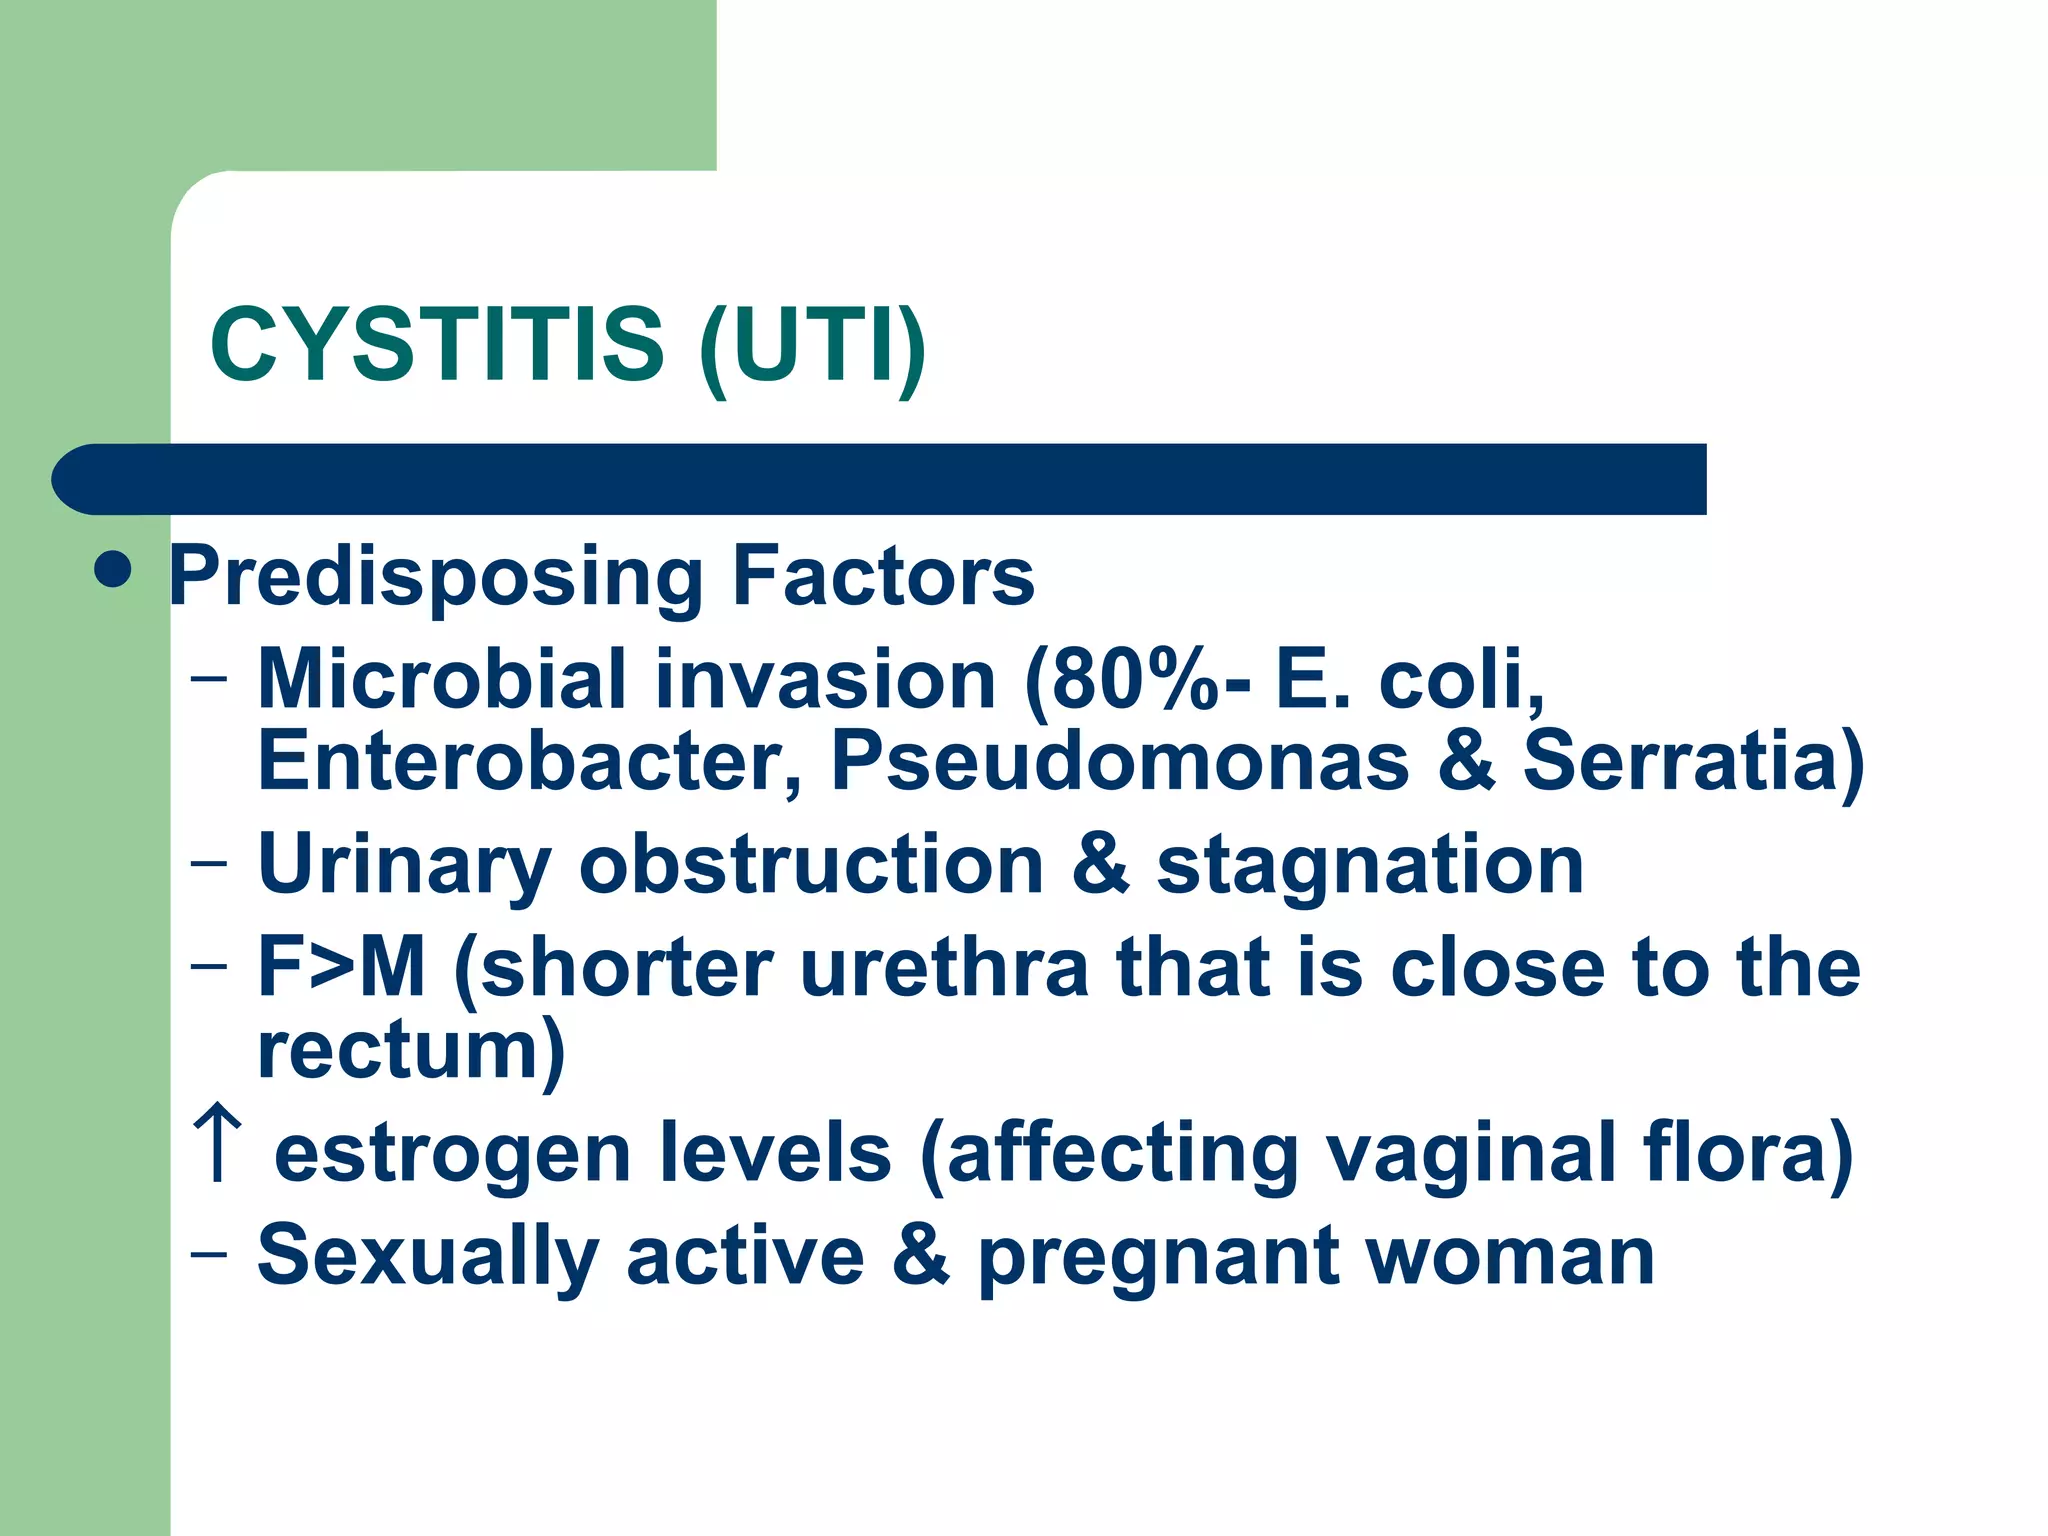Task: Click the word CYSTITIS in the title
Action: (437, 345)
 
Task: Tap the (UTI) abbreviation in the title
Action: (812, 347)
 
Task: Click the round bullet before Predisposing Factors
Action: (113, 570)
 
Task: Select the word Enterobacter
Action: (530, 762)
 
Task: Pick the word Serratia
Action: (1680, 762)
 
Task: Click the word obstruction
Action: (811, 864)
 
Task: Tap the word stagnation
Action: (1370, 866)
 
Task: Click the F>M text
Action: (341, 967)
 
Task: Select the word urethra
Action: (944, 967)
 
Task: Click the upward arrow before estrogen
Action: (218, 1143)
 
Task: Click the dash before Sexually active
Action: (208, 1254)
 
